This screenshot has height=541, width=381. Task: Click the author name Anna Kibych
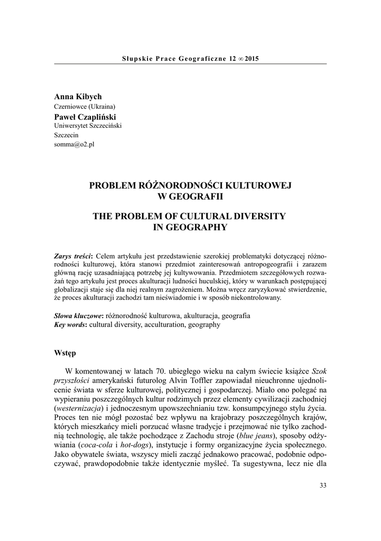78,97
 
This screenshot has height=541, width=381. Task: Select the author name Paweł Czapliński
85,116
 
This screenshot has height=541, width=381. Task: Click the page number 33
323,486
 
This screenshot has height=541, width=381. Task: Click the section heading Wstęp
66,352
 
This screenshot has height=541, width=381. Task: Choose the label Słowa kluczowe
79,315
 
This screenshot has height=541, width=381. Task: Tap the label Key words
71,324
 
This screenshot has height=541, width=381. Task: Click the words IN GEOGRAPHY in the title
190,228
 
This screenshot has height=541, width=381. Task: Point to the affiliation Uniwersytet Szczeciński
88,126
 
